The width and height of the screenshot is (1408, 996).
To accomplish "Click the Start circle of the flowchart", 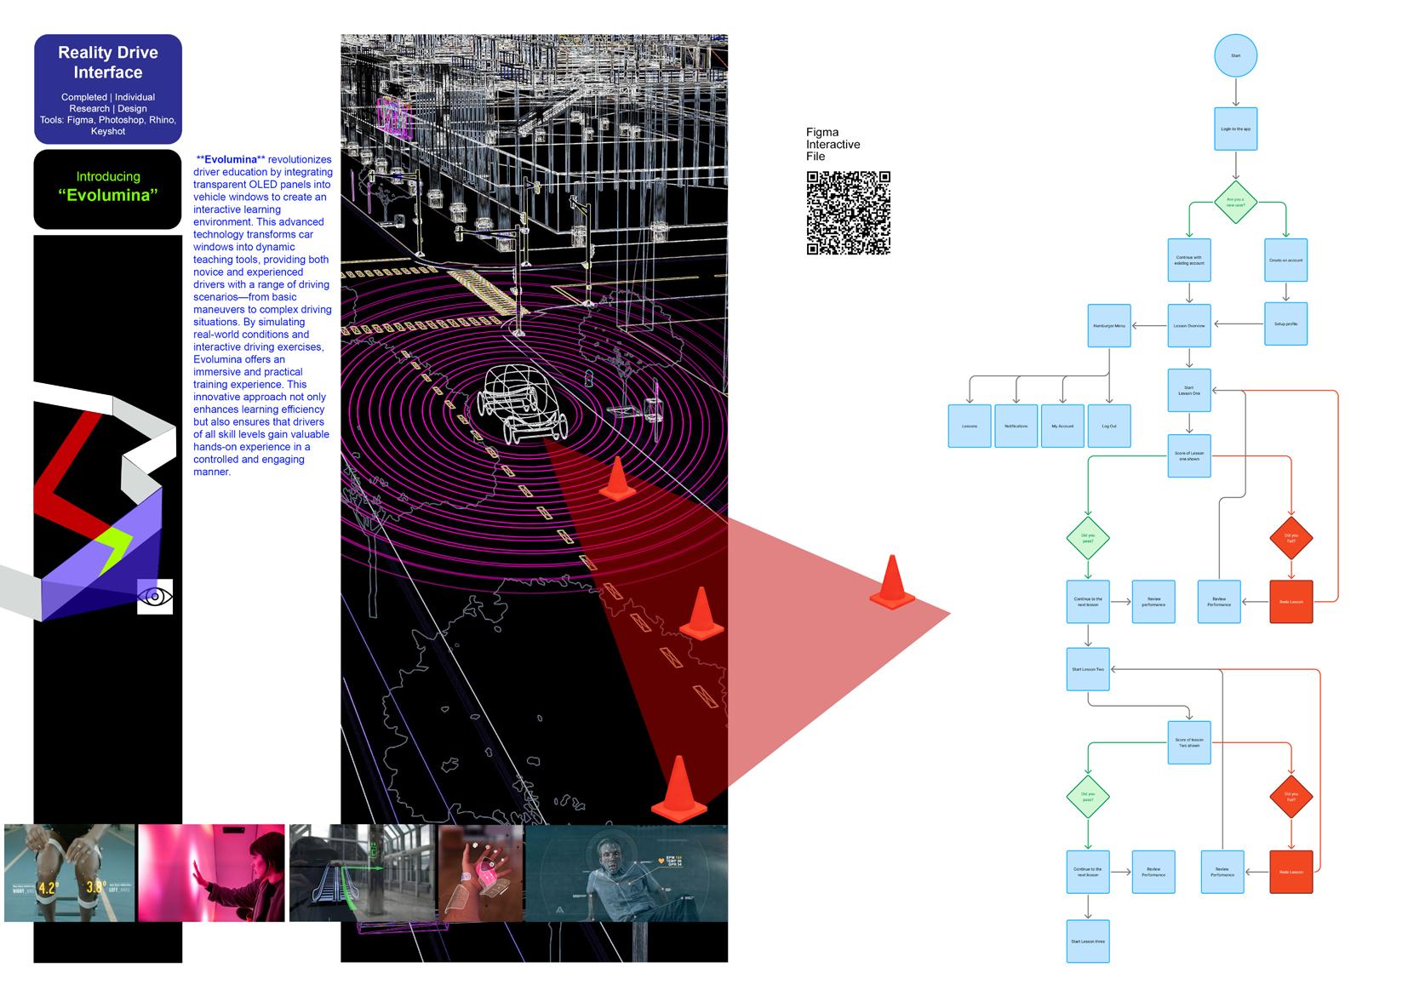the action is [x=1235, y=55].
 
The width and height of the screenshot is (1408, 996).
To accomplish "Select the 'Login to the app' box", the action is [x=1235, y=129].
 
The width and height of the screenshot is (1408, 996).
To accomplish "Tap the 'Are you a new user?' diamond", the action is [x=1235, y=202].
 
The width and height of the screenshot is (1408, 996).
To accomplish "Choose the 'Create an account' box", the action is [x=1285, y=260].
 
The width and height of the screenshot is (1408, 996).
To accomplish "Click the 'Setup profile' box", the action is [x=1285, y=323].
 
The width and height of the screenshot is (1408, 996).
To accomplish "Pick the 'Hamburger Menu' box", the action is [x=1109, y=326].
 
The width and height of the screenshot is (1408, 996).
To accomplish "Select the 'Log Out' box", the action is [x=1109, y=426].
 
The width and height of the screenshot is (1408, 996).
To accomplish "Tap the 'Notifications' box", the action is [x=1016, y=426].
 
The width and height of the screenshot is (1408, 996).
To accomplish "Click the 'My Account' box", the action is [x=1062, y=426].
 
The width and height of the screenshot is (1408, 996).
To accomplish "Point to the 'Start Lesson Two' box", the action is [x=1088, y=669].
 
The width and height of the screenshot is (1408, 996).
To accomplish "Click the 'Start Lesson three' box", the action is [x=1088, y=942].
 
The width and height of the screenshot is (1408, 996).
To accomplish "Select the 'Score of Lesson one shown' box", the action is [x=1189, y=455].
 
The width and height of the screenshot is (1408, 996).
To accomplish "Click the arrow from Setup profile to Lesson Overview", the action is [x=1238, y=323].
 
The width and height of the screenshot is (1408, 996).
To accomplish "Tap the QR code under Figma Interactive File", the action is [x=848, y=213].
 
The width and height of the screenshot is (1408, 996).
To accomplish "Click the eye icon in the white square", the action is [x=155, y=597].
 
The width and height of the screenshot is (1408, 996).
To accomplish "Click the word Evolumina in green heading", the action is [x=108, y=196].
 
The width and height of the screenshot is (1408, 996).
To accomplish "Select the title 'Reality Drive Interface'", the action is [x=108, y=62].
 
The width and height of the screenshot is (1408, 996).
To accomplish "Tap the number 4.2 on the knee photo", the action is [x=47, y=889].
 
